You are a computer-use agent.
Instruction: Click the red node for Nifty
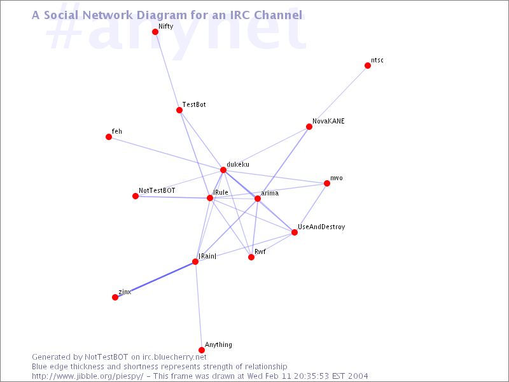point(155,32)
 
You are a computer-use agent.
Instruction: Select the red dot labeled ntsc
point(368,66)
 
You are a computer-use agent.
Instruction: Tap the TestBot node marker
point(179,110)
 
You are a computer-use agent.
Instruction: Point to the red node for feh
point(109,137)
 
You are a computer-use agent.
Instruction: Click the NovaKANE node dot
point(309,127)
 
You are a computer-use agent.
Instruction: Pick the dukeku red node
point(223,170)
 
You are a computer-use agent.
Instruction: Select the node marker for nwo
point(327,183)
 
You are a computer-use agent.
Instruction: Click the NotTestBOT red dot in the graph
point(136,196)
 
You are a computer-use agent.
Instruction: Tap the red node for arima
point(258,199)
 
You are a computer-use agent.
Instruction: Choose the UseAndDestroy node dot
point(295,232)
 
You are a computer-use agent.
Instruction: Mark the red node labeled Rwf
point(251,257)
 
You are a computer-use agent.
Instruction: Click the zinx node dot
point(115,297)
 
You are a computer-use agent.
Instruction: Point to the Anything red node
point(202,350)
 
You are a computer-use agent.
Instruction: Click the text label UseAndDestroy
point(321,227)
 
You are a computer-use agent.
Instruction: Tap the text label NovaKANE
point(328,121)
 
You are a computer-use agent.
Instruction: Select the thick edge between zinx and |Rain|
point(155,279)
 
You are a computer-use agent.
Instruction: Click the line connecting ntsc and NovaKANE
point(338,96)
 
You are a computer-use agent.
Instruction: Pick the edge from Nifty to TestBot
point(167,71)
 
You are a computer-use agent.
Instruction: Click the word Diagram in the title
point(162,15)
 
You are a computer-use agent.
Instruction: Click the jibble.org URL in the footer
point(87,376)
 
